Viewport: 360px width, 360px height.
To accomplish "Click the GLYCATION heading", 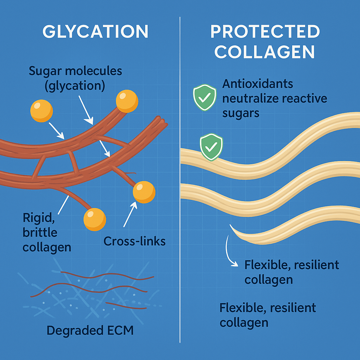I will [95, 32].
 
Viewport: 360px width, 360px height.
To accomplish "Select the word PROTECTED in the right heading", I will [265, 32].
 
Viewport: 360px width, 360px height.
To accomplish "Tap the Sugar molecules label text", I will [75, 71].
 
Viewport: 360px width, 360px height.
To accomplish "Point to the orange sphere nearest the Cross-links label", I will [144, 192].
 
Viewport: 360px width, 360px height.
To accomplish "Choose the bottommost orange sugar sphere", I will [95, 219].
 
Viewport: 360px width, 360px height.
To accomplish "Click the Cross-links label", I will [135, 241].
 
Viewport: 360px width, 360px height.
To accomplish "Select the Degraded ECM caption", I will [90, 330].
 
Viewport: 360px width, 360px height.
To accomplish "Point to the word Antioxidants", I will [258, 84].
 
